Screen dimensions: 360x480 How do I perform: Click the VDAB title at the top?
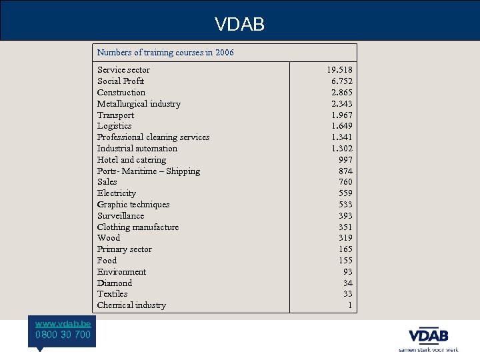(x=239, y=25)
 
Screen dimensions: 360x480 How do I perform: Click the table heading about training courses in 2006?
(x=165, y=52)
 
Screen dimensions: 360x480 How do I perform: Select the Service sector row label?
(x=123, y=70)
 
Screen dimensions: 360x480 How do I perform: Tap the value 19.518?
(x=339, y=70)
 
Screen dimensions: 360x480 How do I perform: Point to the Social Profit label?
(x=121, y=81)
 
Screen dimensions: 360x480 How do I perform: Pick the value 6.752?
(x=342, y=81)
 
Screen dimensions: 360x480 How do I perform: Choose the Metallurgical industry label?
(x=139, y=104)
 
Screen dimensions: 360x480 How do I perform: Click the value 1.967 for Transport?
(x=342, y=115)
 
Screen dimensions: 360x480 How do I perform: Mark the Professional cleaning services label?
(x=153, y=137)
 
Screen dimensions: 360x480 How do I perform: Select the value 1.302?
(x=342, y=149)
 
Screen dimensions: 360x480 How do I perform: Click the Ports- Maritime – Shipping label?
(x=148, y=171)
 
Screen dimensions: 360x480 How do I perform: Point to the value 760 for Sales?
(x=345, y=182)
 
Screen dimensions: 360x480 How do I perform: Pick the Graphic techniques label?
(x=133, y=205)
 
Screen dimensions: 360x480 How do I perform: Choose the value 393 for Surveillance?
(x=345, y=216)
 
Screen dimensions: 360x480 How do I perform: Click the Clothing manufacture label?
(x=138, y=227)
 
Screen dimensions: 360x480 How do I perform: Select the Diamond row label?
(x=115, y=283)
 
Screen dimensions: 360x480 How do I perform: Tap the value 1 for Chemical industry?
(x=350, y=305)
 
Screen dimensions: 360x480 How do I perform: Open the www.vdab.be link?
(x=63, y=323)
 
